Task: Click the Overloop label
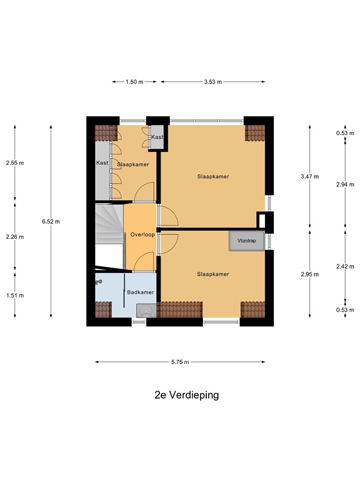pyautogui.click(x=142, y=234)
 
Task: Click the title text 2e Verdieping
pyautogui.click(x=187, y=395)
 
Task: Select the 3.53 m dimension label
pyautogui.click(x=212, y=81)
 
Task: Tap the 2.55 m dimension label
pyautogui.click(x=15, y=163)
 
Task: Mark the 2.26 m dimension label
pyautogui.click(x=15, y=236)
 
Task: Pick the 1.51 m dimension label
pyautogui.click(x=15, y=295)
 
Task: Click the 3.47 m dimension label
pyautogui.click(x=310, y=176)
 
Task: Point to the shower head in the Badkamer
pyautogui.click(x=98, y=282)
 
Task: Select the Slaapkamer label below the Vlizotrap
pyautogui.click(x=212, y=274)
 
